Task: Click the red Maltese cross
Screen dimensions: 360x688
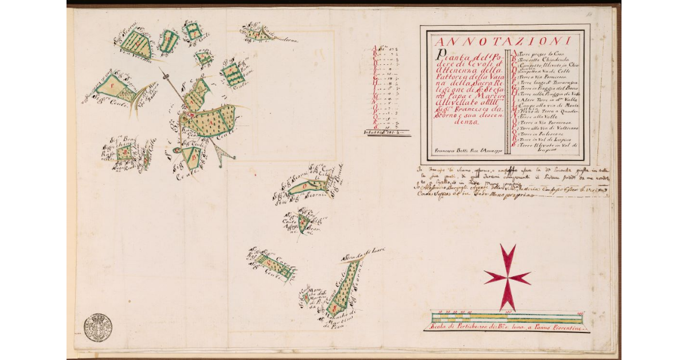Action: point(507,277)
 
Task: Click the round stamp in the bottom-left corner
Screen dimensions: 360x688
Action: point(97,327)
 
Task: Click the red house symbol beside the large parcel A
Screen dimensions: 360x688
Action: point(189,116)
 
